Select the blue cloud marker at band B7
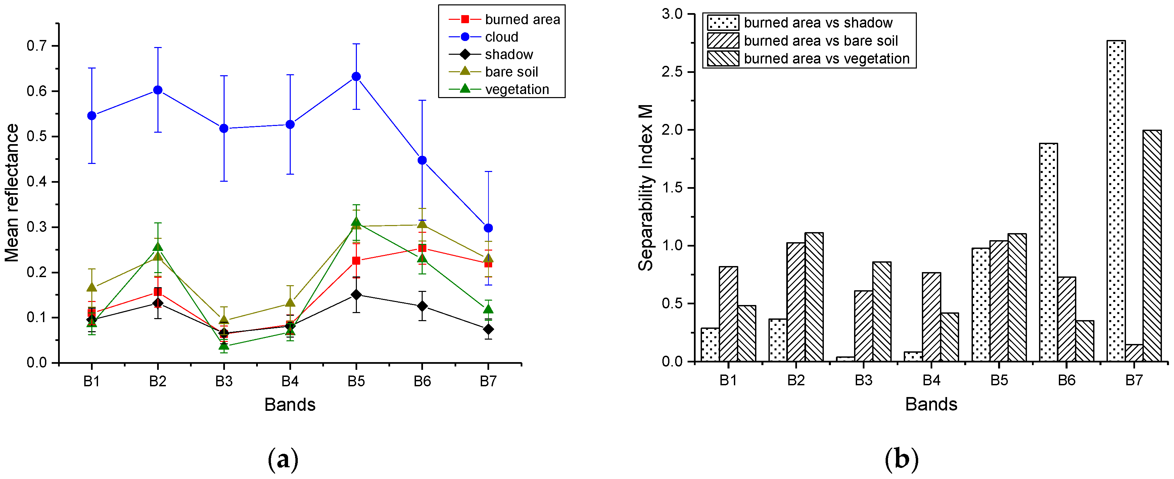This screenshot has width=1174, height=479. point(488,228)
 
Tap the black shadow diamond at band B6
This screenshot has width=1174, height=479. point(422,306)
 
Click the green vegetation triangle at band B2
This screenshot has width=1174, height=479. point(158,248)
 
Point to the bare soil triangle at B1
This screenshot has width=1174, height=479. point(92,288)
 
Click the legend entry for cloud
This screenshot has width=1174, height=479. point(501,37)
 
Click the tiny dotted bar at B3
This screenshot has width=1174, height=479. point(845,359)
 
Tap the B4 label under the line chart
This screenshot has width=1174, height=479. point(290,381)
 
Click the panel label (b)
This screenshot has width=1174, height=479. point(901,460)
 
